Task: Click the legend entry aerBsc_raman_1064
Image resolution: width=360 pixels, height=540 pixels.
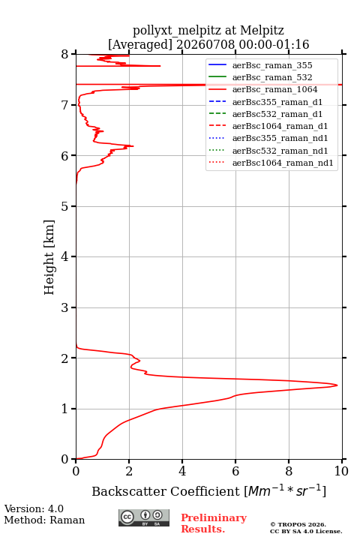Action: pos(274,89)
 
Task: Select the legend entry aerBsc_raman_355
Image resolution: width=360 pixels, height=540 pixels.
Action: pos(272,65)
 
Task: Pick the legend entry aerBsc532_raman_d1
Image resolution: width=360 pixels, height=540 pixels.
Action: pos(277,114)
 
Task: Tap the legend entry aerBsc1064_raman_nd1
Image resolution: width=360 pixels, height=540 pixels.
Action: pos(283,163)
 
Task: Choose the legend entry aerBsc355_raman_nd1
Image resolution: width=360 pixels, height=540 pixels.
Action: pos(280,138)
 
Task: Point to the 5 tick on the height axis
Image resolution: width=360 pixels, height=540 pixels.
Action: pos(74,206)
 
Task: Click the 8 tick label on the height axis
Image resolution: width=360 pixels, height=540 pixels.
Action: pos(64,55)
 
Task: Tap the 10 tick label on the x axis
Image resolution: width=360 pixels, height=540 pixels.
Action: pos(341,471)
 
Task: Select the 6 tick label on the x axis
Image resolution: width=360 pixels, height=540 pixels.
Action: pos(235,471)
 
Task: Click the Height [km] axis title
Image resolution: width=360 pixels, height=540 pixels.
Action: pos(49,257)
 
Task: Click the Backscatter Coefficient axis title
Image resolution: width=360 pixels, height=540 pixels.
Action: pos(208,490)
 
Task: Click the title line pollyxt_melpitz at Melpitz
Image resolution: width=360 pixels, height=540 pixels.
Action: pos(208,30)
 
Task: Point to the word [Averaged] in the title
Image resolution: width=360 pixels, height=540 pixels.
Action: pos(139,44)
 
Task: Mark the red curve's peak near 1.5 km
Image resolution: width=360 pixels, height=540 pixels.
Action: pos(337,385)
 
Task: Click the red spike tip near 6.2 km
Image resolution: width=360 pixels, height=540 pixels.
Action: pos(133,146)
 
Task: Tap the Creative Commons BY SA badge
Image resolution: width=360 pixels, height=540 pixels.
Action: pos(144,517)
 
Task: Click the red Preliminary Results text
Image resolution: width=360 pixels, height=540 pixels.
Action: pos(214,523)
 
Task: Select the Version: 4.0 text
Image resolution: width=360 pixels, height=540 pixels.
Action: pos(34,508)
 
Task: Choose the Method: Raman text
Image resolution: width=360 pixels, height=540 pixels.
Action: pos(44,520)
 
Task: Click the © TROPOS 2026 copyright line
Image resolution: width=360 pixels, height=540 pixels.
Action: pos(298,524)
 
